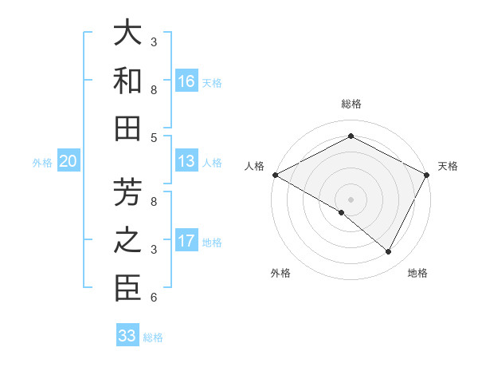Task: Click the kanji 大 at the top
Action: click(x=127, y=34)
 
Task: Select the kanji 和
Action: click(x=127, y=81)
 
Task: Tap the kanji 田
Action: click(x=127, y=128)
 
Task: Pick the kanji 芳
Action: click(x=127, y=194)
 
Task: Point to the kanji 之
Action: click(x=127, y=241)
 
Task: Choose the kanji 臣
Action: click(x=127, y=289)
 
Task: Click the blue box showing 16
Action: click(x=186, y=81)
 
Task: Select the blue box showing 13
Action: click(x=186, y=162)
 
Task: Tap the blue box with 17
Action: click(x=186, y=241)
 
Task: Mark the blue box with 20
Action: click(x=68, y=162)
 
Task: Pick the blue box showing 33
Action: click(x=127, y=336)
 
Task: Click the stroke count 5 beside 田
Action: click(x=154, y=137)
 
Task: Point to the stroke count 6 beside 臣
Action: click(x=154, y=298)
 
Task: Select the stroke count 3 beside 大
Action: click(x=154, y=41)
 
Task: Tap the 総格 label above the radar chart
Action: click(x=351, y=104)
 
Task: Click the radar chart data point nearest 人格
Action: click(x=275, y=175)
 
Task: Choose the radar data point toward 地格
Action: click(x=389, y=251)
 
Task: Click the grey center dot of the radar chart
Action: click(x=351, y=199)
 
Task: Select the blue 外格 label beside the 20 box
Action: click(x=42, y=163)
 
